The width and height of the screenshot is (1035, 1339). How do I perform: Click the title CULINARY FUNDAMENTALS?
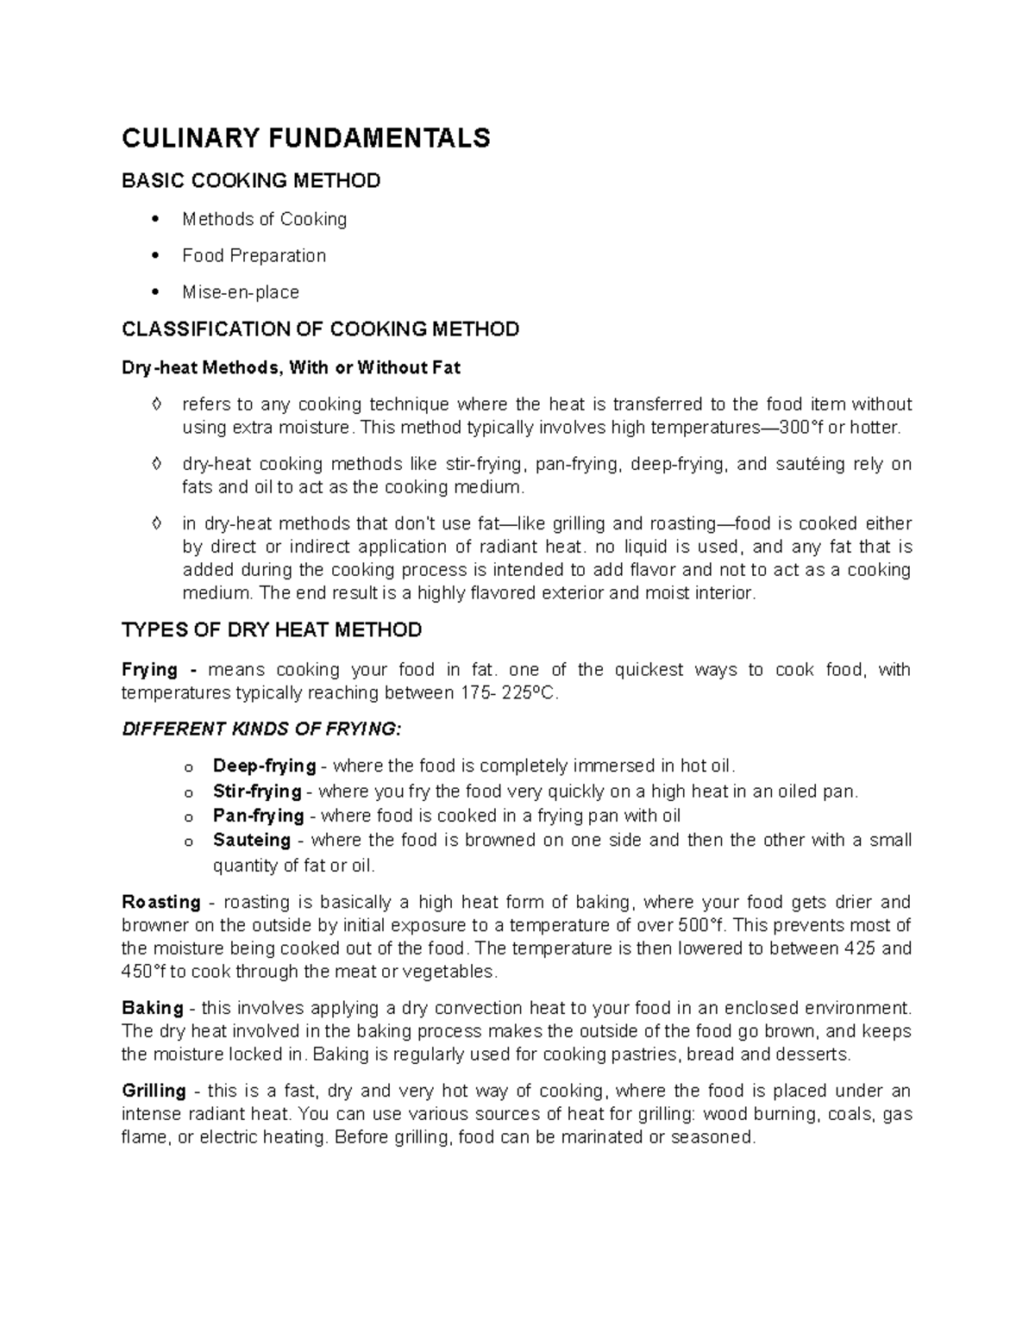pos(305,138)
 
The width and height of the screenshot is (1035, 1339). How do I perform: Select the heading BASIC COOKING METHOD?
pos(251,181)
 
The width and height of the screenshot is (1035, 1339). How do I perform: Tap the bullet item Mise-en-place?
pos(241,292)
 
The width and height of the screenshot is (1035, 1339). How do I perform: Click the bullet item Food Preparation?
pos(254,256)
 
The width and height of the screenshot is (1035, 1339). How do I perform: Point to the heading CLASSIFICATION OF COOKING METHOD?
pos(321,329)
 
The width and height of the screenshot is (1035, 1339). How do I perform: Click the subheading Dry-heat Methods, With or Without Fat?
pos(292,368)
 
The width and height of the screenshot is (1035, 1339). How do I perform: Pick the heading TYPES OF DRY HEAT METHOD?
pos(272,630)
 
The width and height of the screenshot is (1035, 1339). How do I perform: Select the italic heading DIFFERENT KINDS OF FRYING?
pos(261,729)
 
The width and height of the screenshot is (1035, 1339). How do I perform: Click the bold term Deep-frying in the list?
pos(264,766)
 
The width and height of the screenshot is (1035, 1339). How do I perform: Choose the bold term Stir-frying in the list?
pos(257,792)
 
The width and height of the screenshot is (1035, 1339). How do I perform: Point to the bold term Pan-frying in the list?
pos(258,816)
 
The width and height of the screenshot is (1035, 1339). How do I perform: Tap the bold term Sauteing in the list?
pos(251,841)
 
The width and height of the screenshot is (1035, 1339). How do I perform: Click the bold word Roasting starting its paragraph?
pos(161,903)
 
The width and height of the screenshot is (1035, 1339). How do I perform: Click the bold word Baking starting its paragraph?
pos(153,1009)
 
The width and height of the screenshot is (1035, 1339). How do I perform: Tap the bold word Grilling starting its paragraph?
pos(154,1091)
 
